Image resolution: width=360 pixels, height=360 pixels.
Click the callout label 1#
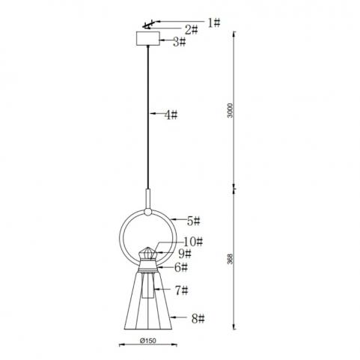(x=214, y=23)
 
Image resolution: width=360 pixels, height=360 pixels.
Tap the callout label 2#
(x=192, y=30)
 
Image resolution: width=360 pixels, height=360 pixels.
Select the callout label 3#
(x=180, y=42)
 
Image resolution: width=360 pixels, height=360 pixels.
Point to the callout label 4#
(x=171, y=115)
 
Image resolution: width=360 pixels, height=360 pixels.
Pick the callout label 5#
(x=194, y=222)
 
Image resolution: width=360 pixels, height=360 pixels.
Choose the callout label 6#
(x=181, y=268)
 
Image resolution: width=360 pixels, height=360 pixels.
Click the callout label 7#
(x=181, y=290)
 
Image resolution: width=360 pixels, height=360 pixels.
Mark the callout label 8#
(x=198, y=319)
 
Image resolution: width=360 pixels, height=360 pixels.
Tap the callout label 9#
(x=185, y=254)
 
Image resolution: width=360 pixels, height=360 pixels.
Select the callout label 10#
(x=193, y=242)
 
